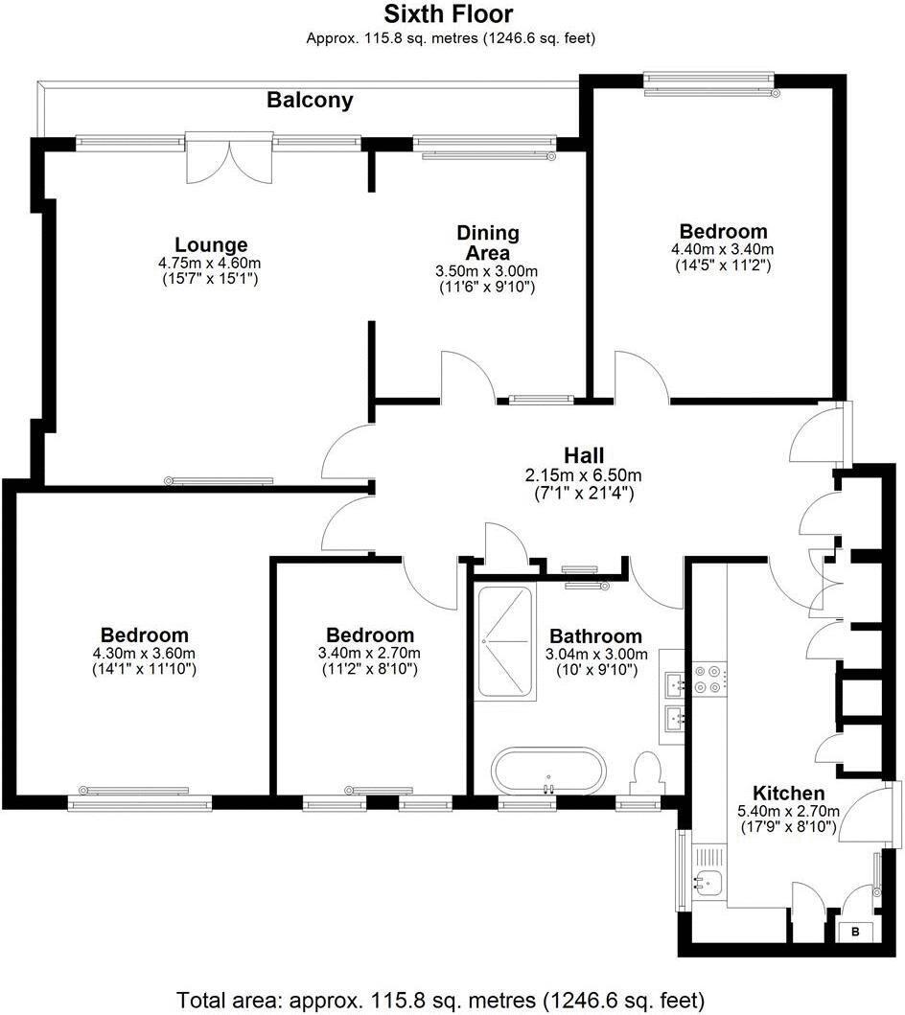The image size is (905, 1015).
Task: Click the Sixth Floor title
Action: [x=449, y=14]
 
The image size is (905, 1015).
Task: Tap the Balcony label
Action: [x=310, y=100]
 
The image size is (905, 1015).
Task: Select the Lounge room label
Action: [x=211, y=244]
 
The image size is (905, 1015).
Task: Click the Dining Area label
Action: [x=487, y=242]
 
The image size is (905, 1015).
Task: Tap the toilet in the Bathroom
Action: [x=649, y=773]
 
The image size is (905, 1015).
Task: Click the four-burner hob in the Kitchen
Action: [x=710, y=680]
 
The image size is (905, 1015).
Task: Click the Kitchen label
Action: [x=788, y=794]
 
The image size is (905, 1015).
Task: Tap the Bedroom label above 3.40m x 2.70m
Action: [x=370, y=635]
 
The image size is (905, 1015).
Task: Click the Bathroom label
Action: [x=595, y=636]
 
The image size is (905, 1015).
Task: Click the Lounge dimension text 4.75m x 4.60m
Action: [x=210, y=263]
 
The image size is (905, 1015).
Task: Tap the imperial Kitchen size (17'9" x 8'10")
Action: [x=788, y=826]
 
